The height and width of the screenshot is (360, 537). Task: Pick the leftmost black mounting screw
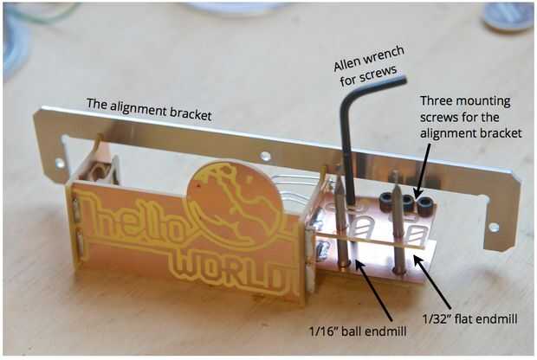click(387, 202)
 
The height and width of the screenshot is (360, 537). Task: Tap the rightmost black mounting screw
click(424, 206)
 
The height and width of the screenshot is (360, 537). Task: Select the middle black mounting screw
click(405, 204)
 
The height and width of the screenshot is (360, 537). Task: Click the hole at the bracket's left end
click(60, 162)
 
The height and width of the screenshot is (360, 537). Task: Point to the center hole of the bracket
click(266, 157)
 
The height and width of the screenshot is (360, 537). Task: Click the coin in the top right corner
click(508, 15)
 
